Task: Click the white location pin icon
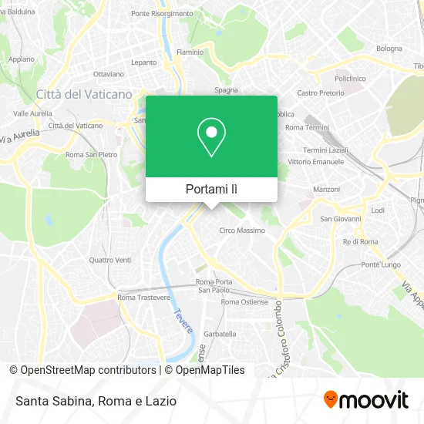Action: point(211,138)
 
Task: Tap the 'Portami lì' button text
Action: point(211,189)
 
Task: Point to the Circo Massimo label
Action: point(242,231)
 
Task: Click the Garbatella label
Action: point(220,334)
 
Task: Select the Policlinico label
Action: point(349,79)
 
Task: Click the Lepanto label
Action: point(143,62)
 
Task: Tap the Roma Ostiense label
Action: point(244,301)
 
